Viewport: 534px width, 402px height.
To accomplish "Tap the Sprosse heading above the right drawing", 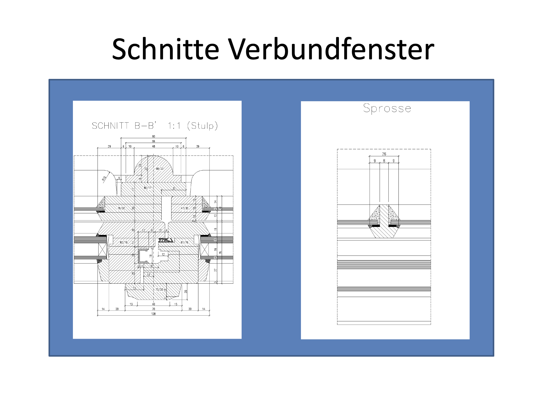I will tap(387, 108).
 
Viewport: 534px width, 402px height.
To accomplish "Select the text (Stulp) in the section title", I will tap(202, 126).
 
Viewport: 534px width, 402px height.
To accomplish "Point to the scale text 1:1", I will tap(174, 126).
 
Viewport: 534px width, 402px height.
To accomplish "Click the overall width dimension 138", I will tap(153, 314).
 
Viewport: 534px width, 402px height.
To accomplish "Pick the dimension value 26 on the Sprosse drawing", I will tap(384, 154).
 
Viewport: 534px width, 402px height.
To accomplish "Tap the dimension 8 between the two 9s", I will tap(384, 161).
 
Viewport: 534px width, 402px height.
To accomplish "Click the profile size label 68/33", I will tap(159, 169).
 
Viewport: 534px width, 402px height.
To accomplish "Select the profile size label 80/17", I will tap(148, 188).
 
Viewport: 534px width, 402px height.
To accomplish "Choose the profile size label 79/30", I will tap(121, 208).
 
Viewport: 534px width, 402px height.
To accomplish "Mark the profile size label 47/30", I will tap(184, 208).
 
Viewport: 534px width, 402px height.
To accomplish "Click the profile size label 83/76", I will tap(123, 242).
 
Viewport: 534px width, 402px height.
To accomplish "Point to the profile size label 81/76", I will tap(184, 242).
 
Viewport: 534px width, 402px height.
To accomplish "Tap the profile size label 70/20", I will tap(159, 290).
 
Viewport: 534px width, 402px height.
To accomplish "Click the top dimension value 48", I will tap(153, 146).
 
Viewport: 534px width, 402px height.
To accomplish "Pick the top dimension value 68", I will tap(153, 141).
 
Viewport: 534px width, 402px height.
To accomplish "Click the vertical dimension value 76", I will tap(220, 253).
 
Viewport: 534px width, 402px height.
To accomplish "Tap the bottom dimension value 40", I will tap(153, 304).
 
